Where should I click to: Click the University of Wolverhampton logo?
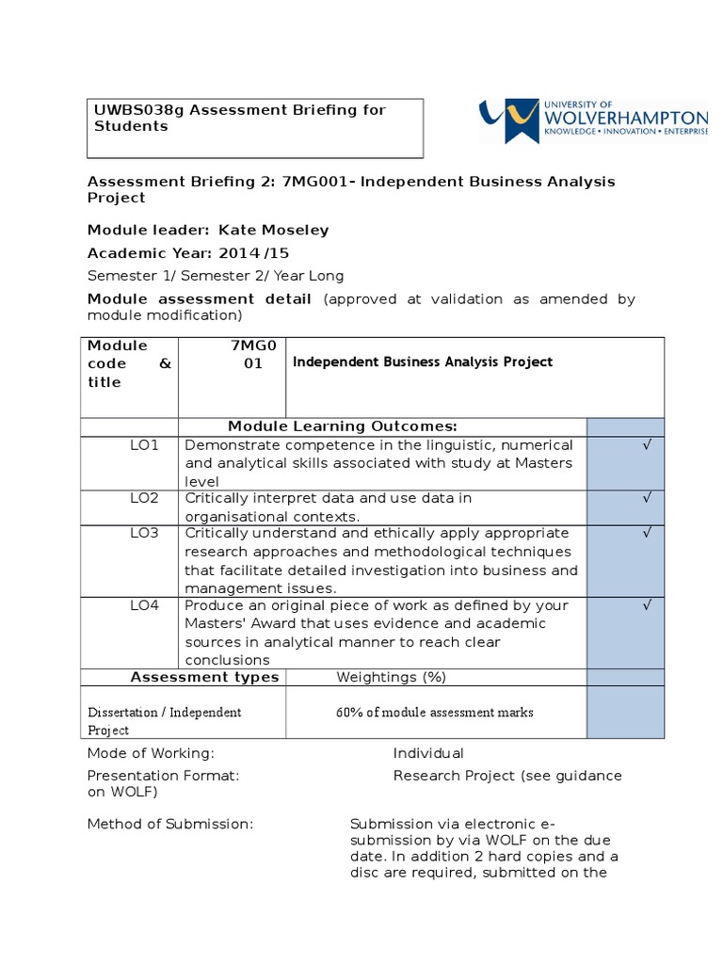pos(593,120)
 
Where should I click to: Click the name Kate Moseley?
pos(274,230)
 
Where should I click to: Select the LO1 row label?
pos(145,444)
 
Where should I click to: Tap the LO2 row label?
pos(145,498)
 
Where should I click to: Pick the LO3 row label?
pos(145,533)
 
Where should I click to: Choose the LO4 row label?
pos(145,605)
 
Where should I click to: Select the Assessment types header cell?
pos(204,677)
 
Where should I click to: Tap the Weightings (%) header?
pos(392,677)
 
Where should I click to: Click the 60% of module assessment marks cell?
pos(434,713)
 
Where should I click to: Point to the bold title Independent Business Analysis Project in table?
pos(424,362)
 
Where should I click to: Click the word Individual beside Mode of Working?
pos(428,753)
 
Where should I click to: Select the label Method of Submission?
pos(170,825)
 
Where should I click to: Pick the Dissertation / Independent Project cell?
pos(165,720)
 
